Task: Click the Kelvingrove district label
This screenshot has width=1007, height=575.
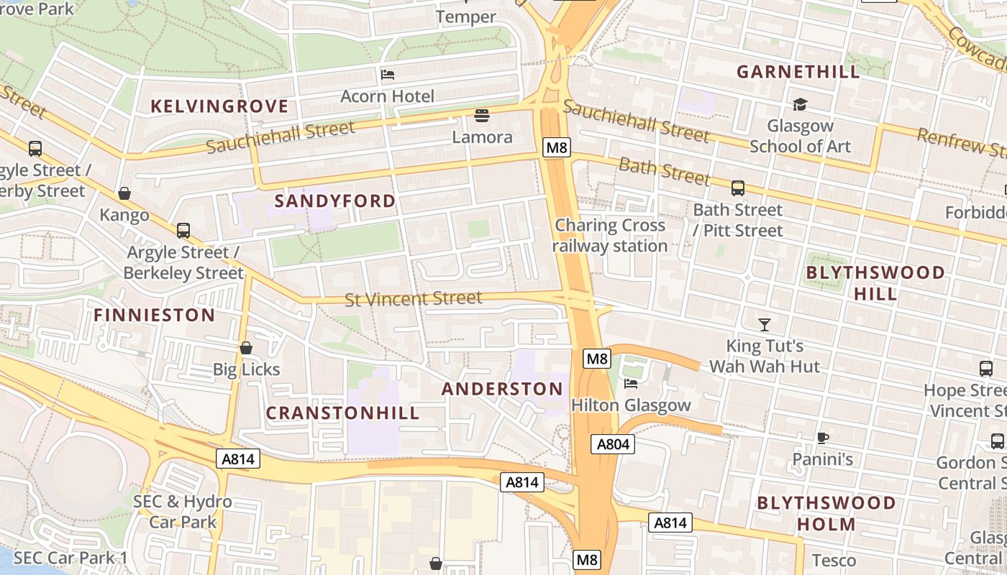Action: [x=219, y=106]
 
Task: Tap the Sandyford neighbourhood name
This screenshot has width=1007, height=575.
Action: [x=335, y=201]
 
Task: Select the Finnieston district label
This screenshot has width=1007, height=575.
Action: [x=155, y=315]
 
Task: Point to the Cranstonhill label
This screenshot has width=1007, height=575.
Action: [x=342, y=413]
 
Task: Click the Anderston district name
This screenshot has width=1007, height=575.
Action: [x=502, y=389]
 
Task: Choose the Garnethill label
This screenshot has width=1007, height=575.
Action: [x=798, y=72]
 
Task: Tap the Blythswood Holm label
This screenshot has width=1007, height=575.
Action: [x=826, y=513]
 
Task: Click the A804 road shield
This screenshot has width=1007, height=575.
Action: [x=614, y=444]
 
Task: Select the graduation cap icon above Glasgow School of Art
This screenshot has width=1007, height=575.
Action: [x=800, y=106]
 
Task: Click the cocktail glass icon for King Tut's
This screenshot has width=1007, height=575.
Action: [x=764, y=325]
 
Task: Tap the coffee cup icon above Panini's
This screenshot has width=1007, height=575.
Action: [x=823, y=438]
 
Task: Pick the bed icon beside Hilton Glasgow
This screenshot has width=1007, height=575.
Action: [x=631, y=384]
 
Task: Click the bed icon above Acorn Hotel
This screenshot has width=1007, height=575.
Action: [x=388, y=75]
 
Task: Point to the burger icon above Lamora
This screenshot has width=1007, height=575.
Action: [x=482, y=115]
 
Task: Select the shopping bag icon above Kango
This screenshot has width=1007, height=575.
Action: [x=124, y=193]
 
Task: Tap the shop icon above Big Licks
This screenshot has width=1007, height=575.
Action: [x=246, y=348]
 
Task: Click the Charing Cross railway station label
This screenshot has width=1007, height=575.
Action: [x=610, y=236]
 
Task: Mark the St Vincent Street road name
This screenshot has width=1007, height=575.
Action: [x=413, y=298]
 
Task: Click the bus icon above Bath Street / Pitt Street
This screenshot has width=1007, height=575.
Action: [x=738, y=188]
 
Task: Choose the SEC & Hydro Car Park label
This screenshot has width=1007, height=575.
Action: [x=183, y=511]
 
